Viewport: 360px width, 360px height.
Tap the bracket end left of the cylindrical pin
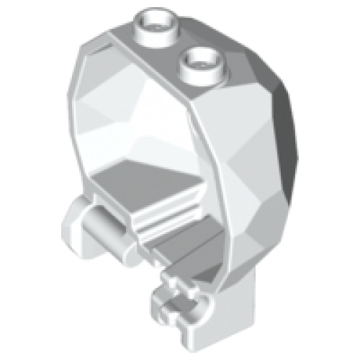click(73, 222)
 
